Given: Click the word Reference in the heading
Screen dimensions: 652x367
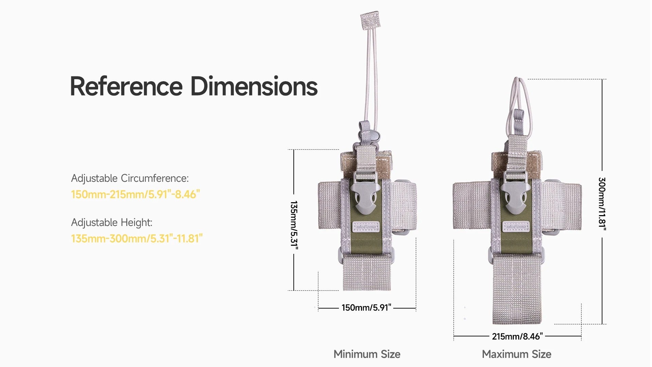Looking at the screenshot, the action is point(126,86).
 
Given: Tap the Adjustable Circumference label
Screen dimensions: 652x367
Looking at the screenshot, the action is point(130,178).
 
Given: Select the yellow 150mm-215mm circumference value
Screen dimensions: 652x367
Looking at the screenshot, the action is point(135,194).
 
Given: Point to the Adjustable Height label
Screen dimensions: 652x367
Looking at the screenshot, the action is point(112,223).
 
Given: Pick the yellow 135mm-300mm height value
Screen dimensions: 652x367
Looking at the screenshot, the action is point(137,239).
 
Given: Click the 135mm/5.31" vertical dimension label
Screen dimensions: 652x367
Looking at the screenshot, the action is point(294,225).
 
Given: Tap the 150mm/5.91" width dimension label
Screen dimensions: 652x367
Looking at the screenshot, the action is point(366,308).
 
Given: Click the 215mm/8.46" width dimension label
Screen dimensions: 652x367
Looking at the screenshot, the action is point(517,336).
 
